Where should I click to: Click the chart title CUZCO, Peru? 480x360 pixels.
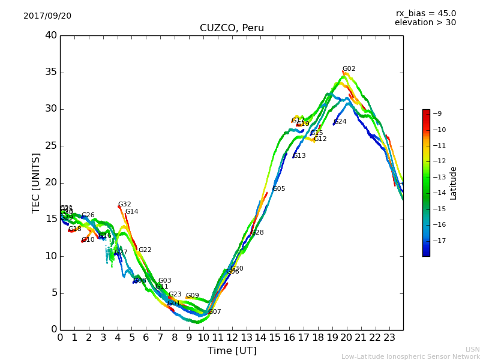point(232,28)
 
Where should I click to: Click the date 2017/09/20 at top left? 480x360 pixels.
point(47,16)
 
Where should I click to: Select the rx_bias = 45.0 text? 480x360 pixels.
point(425,13)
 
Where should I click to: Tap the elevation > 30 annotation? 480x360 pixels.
point(425,23)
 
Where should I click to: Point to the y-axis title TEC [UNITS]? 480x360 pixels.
point(36,182)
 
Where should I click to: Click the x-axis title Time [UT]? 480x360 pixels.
point(232,350)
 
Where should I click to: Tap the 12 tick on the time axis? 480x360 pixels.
point(232,338)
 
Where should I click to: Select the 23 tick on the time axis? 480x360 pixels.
point(389,338)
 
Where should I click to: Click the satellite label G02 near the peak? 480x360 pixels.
point(349,69)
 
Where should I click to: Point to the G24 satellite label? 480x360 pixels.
point(340,122)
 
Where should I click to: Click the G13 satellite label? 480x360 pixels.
point(299,156)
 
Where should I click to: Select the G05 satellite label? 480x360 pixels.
point(279,189)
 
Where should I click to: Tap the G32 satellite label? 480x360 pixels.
point(124,205)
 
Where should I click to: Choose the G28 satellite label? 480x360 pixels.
point(257,233)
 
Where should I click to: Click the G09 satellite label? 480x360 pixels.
point(192,296)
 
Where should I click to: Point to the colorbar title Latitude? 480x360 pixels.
point(454,182)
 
